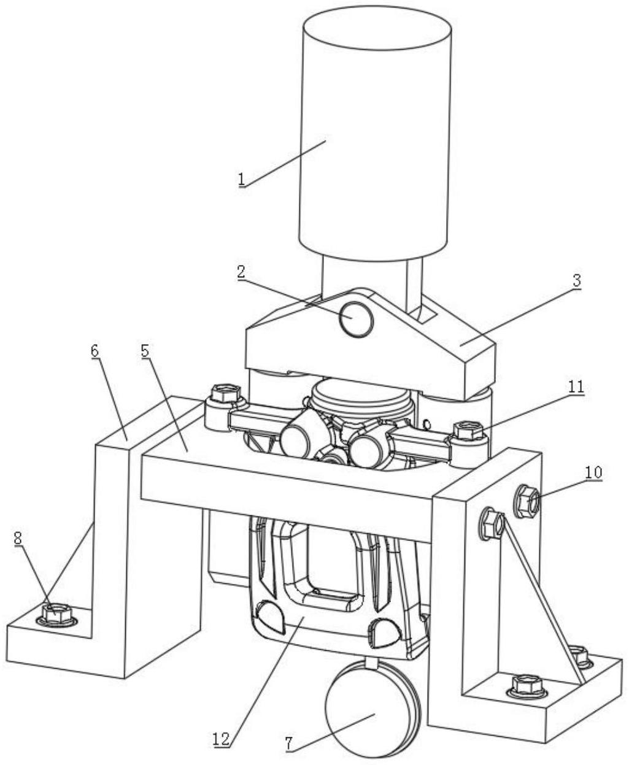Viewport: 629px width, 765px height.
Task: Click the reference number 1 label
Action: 242,179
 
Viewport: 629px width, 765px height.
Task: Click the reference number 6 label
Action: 95,350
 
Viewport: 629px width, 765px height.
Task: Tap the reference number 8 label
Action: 18,538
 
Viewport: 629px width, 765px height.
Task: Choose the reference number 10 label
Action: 593,472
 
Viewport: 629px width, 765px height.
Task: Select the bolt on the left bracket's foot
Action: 56,612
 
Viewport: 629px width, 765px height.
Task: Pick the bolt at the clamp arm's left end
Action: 225,393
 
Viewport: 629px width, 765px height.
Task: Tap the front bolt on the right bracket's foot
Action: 528,683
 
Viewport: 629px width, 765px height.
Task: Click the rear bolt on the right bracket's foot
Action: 579,656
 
